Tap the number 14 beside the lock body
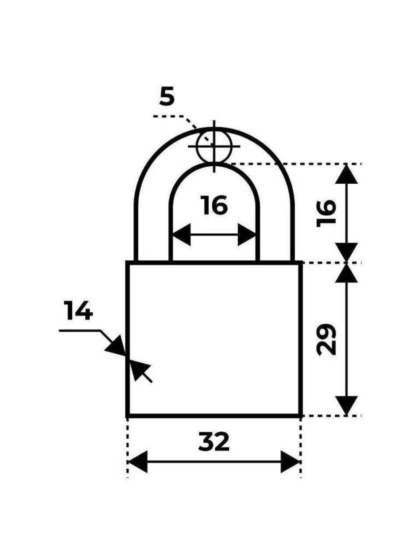[78, 311]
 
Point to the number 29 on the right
[326, 339]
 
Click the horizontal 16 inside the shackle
[213, 205]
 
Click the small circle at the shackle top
[214, 146]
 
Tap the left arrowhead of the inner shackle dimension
[182, 234]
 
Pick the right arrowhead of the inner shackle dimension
[247, 234]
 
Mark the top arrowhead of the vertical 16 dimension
[346, 174]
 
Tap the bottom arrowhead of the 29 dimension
[346, 406]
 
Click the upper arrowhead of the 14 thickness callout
[116, 346]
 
